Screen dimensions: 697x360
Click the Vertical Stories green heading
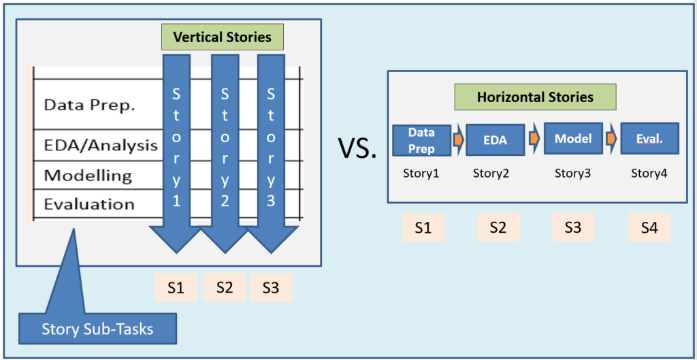click(223, 37)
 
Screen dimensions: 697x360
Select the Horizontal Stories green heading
click(535, 97)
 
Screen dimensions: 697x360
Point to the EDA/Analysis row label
click(101, 146)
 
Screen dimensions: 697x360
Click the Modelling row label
click(88, 176)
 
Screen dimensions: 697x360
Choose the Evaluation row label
click(89, 204)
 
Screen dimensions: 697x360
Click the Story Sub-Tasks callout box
click(97, 330)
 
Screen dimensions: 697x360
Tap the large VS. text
click(357, 148)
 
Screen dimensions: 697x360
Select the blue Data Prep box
click(421, 140)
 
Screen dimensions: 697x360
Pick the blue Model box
click(573, 139)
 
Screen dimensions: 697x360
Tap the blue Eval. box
click(649, 139)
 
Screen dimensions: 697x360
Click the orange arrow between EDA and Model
click(534, 138)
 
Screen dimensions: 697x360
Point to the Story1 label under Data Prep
click(421, 173)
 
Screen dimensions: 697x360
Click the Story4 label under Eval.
click(649, 173)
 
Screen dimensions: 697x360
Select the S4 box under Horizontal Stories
click(649, 227)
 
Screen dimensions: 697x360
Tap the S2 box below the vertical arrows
click(225, 288)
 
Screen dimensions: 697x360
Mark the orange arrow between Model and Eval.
click(612, 138)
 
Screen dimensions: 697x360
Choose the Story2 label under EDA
click(491, 173)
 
